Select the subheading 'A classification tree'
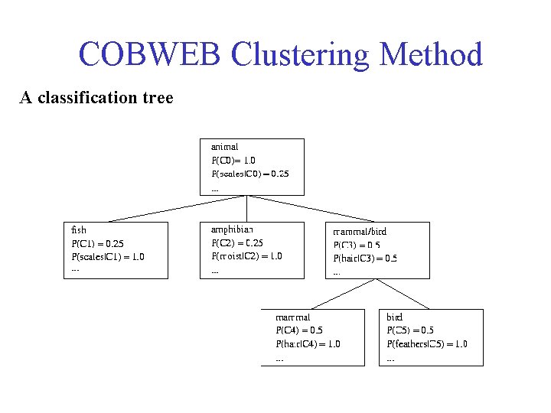[x=96, y=98]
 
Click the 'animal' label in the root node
[x=224, y=146]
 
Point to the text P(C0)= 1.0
[x=233, y=161]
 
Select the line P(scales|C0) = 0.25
[x=250, y=174]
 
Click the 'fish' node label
[x=79, y=229]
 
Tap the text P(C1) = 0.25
[x=97, y=243]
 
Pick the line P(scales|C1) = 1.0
[x=108, y=256]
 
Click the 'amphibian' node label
[x=232, y=229]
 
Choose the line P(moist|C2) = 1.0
[x=246, y=256]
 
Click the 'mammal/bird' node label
[x=360, y=231]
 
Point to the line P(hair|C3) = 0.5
[x=365, y=259]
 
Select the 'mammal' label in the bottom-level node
[x=292, y=317]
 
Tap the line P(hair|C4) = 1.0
[x=308, y=344]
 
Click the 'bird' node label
[x=395, y=317]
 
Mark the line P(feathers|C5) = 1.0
[x=427, y=344]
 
